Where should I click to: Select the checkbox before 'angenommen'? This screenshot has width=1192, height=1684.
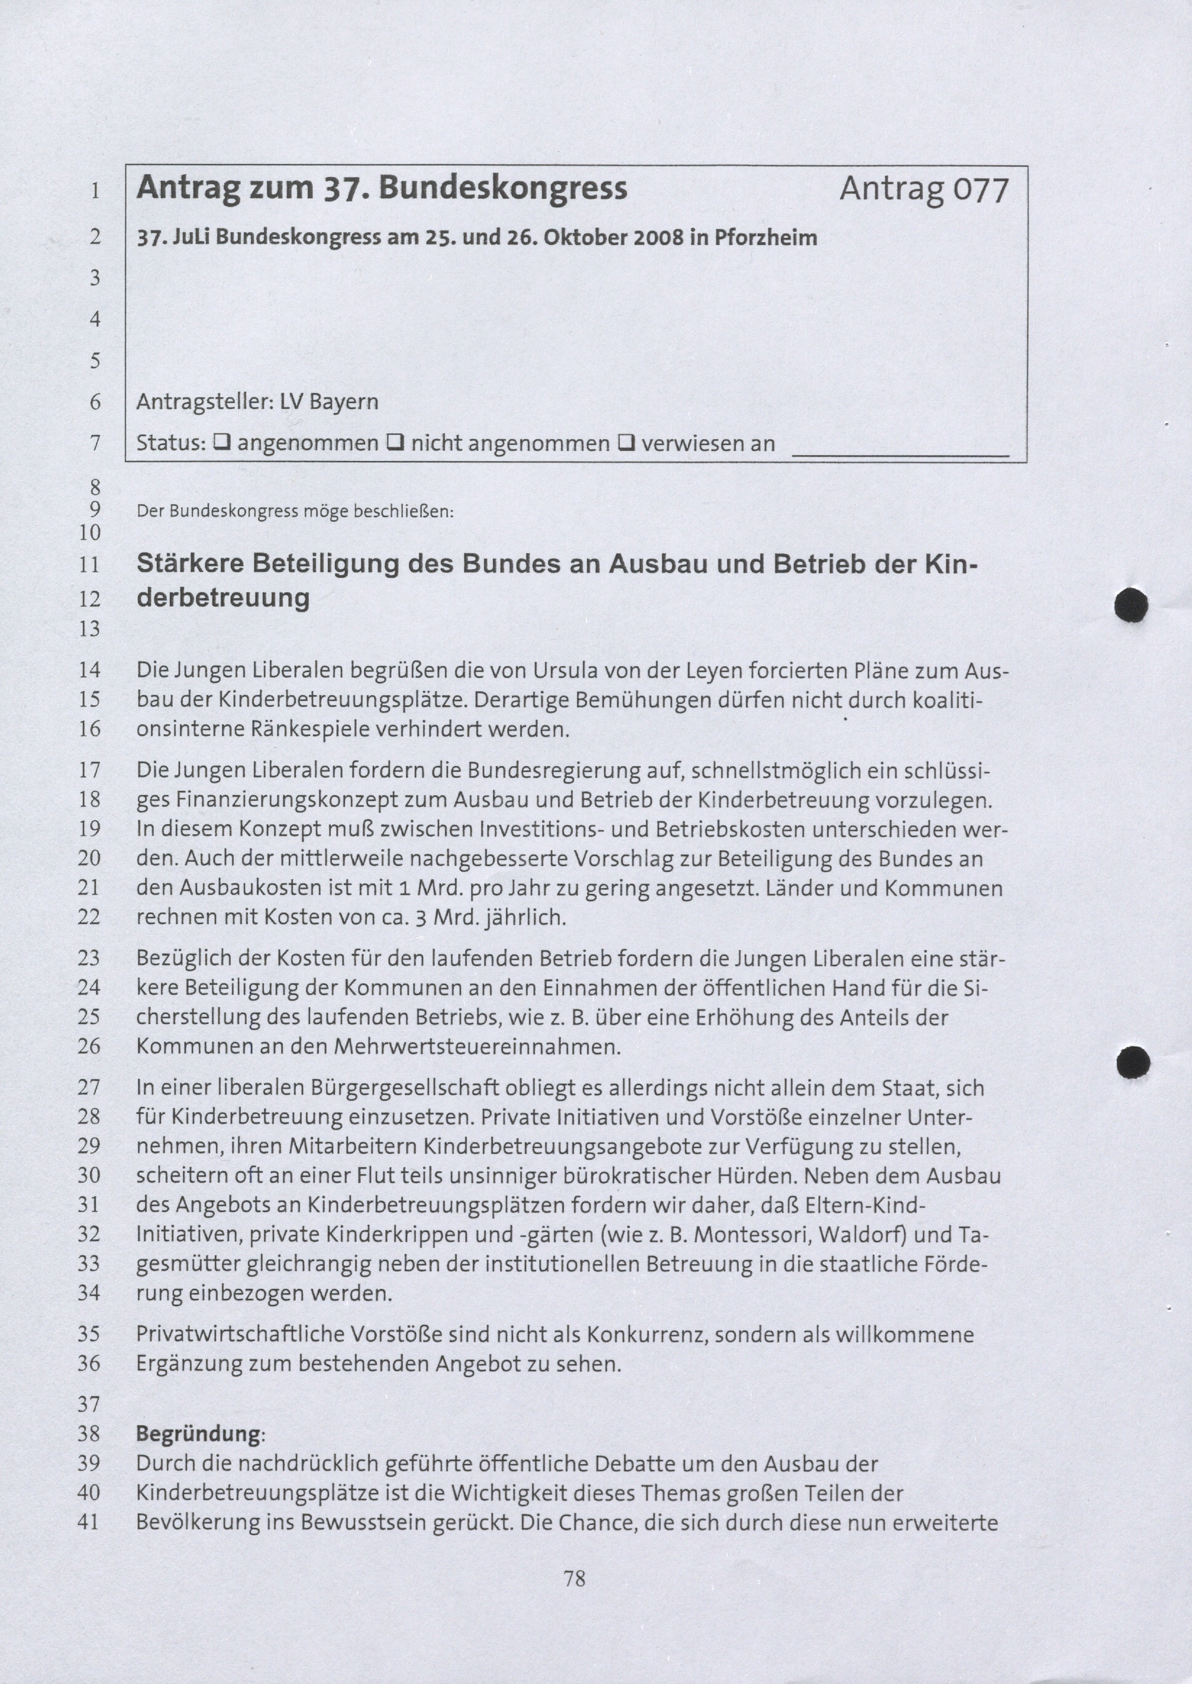(x=221, y=442)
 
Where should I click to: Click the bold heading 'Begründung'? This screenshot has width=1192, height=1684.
(x=198, y=1434)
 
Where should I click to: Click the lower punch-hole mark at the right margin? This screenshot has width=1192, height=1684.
(x=1133, y=1062)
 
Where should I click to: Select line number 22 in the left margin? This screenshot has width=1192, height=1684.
(x=89, y=917)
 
